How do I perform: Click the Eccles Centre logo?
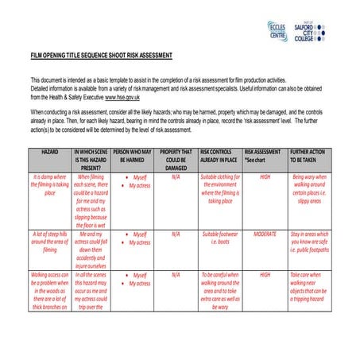[x=278, y=32]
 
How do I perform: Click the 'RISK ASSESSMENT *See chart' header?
[x=263, y=155]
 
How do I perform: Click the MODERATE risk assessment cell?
[x=265, y=234]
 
